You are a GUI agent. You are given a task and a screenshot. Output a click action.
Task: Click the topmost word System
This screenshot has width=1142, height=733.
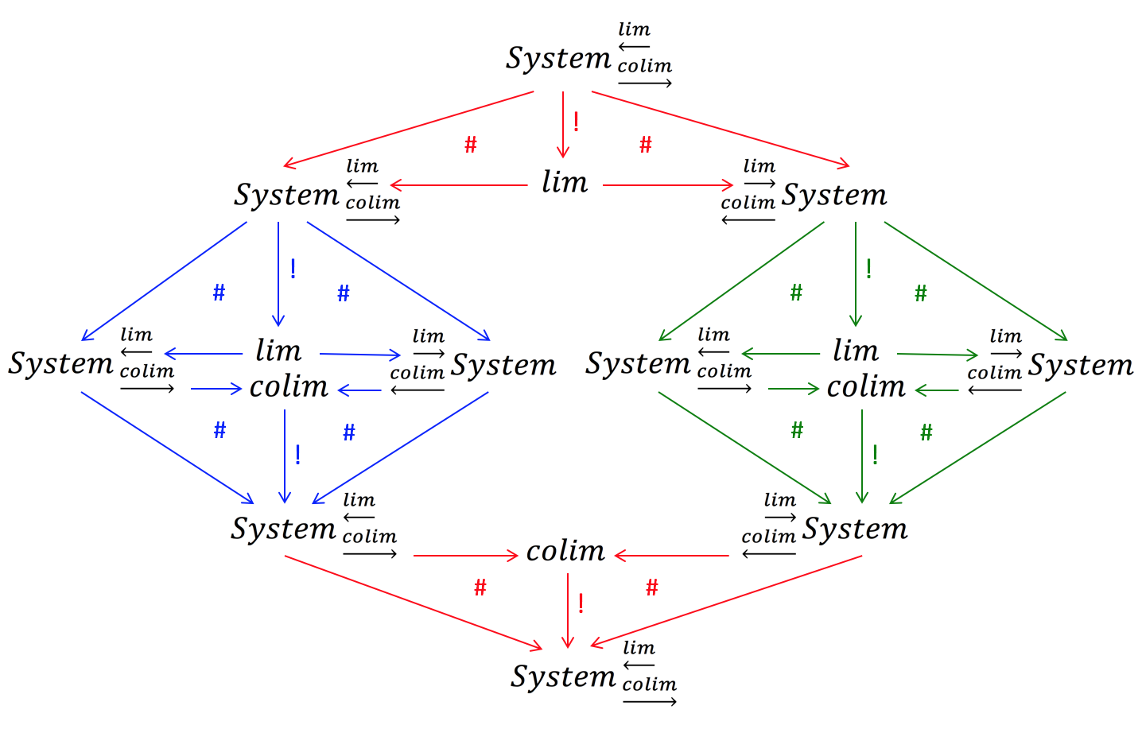558,59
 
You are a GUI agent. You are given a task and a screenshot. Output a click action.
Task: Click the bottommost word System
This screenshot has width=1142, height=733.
563,677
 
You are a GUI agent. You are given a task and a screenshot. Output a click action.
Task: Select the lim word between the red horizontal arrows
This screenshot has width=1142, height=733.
565,183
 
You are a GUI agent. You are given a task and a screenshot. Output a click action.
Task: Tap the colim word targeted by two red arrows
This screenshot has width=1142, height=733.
565,551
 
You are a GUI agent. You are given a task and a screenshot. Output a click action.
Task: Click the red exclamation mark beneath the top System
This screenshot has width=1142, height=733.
576,122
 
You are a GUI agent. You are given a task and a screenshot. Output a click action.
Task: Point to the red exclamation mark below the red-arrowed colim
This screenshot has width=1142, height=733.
581,604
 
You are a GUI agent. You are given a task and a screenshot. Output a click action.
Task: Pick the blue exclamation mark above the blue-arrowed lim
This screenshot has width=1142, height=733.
293,269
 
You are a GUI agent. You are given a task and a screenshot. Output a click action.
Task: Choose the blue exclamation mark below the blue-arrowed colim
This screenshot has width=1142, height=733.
297,455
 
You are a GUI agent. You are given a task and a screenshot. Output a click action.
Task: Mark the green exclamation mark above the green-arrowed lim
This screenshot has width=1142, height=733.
869,269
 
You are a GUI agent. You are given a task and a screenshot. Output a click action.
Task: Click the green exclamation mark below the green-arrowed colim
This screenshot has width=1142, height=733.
875,455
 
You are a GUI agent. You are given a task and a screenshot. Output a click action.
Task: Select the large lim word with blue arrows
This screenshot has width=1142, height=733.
278,351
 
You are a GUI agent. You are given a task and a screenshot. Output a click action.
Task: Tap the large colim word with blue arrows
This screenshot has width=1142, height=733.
289,387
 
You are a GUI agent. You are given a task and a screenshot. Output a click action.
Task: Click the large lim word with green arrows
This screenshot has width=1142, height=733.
856,351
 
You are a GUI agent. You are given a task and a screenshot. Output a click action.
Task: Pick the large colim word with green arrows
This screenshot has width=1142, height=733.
866,387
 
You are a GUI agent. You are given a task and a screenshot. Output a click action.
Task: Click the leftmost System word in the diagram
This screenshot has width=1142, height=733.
61,364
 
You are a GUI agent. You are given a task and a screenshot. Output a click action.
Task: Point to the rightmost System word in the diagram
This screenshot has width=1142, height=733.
1081,366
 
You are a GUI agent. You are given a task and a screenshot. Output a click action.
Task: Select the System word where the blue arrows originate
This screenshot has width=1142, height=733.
286,196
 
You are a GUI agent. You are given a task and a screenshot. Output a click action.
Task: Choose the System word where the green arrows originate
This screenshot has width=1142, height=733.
833,196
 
